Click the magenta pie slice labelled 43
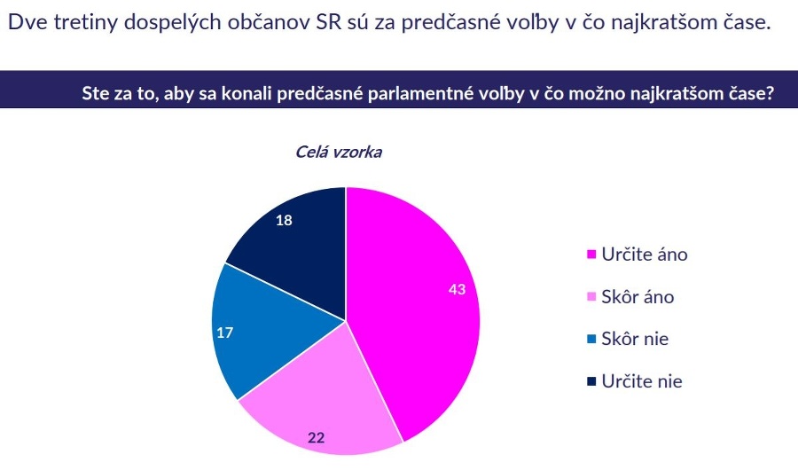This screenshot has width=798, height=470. coord(418,306)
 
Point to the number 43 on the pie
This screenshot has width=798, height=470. coord(457,289)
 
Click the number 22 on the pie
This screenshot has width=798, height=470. coord(316,437)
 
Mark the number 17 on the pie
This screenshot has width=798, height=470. coord(225,333)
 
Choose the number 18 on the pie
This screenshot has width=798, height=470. coord(284,220)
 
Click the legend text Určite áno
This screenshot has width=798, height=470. coord(645,255)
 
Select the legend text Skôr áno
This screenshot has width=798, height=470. coord(638,296)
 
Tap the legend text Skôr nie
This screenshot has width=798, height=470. coord(635,339)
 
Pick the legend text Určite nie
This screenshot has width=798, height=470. coord(642,381)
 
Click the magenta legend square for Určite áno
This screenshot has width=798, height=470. coord(591,255)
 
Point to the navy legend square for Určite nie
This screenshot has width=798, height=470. coord(591,381)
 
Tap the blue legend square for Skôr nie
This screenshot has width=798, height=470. coord(591,339)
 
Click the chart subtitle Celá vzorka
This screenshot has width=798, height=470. coord(339,152)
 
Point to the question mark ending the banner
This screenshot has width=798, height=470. coord(770,93)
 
